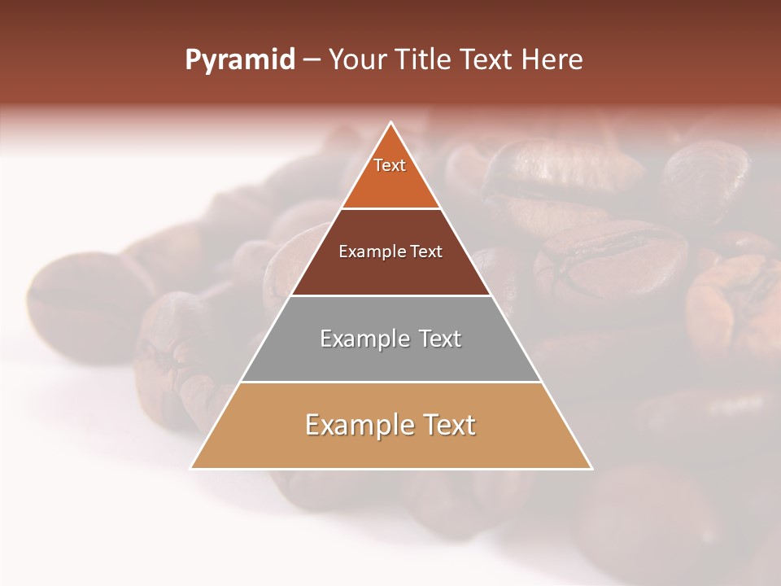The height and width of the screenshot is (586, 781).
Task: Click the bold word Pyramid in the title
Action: click(x=240, y=60)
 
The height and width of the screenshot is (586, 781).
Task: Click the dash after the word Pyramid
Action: click(x=312, y=61)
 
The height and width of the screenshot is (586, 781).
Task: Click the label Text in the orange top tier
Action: click(x=390, y=165)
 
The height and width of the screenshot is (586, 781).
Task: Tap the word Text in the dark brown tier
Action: click(x=427, y=252)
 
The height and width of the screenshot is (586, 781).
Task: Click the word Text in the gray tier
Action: click(x=440, y=339)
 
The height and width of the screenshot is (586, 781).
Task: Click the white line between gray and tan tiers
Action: click(x=391, y=382)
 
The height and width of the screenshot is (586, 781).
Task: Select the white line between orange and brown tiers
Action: click(x=391, y=208)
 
